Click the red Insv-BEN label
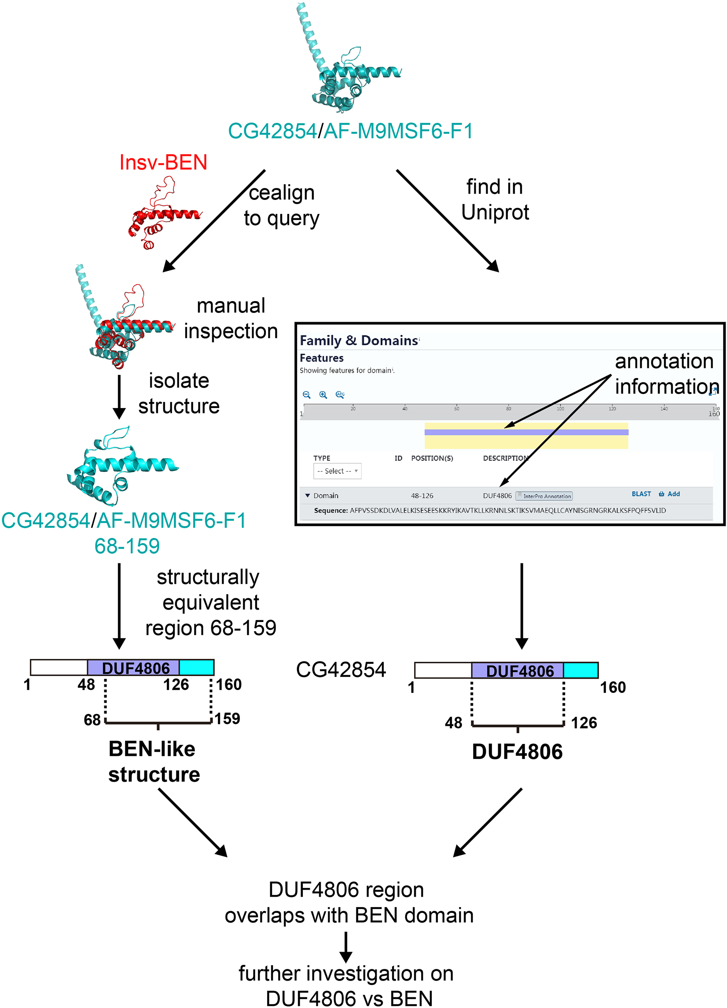coord(163,162)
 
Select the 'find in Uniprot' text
coord(495,199)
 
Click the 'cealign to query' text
coord(281,205)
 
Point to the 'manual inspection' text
coord(231,318)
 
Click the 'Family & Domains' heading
coord(359,340)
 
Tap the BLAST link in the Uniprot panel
coord(641,494)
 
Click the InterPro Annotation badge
coord(544,496)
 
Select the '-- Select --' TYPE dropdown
coord(337,471)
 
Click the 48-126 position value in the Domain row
coord(422,496)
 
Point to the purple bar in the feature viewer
coord(526,432)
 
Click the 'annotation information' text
coord(665,374)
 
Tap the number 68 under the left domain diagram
coord(92,720)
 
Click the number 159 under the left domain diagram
coord(227,718)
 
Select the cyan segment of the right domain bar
coord(580,670)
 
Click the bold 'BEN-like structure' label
coord(154,762)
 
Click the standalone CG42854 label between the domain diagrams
coord(341,670)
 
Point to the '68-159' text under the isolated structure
coord(127,546)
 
